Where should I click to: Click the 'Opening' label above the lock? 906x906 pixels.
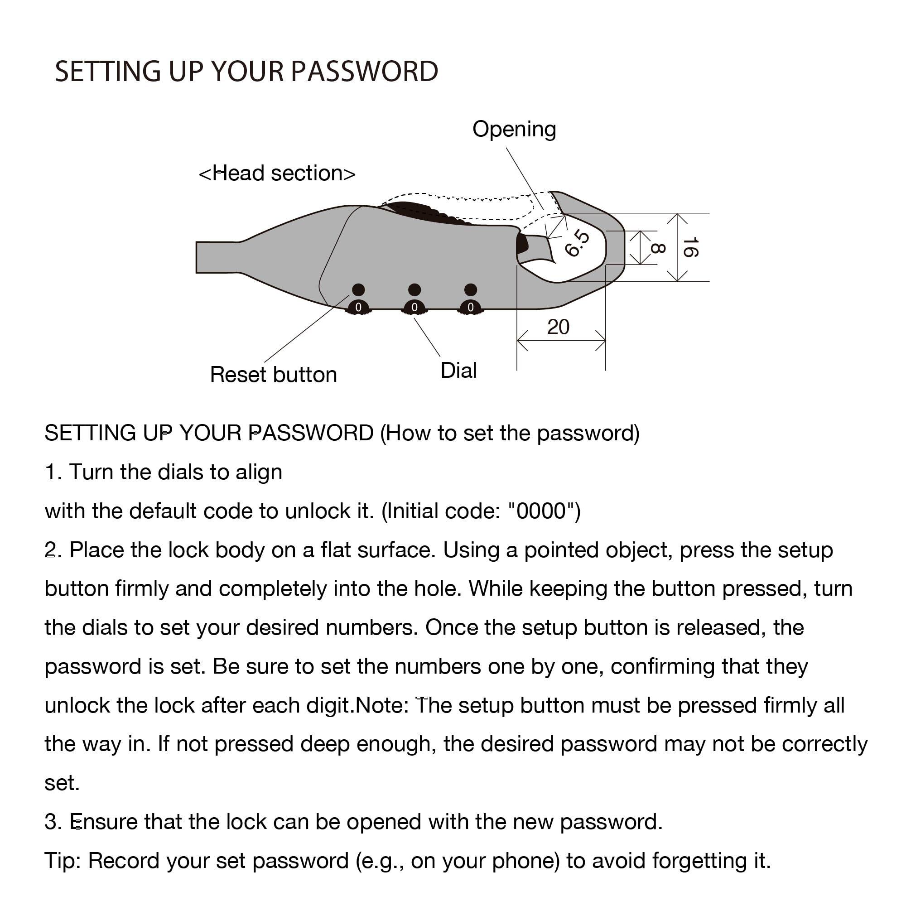(x=514, y=130)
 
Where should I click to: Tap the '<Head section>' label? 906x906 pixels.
(x=277, y=173)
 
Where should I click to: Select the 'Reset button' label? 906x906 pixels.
(x=274, y=375)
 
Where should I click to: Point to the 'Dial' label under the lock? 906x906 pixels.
(x=458, y=371)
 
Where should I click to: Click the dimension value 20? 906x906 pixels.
(x=558, y=327)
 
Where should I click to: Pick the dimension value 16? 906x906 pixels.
(x=690, y=247)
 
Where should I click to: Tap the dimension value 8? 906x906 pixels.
(x=657, y=248)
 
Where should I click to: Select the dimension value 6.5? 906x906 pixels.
(x=577, y=243)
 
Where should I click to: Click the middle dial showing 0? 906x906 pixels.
(x=414, y=307)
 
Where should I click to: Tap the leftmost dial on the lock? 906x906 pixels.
(x=358, y=307)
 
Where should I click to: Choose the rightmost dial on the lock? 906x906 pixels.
(x=470, y=307)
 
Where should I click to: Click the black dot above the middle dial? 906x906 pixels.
(x=414, y=289)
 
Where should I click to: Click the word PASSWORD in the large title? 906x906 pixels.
(x=364, y=72)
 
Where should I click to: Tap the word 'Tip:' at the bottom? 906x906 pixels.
(x=63, y=861)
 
